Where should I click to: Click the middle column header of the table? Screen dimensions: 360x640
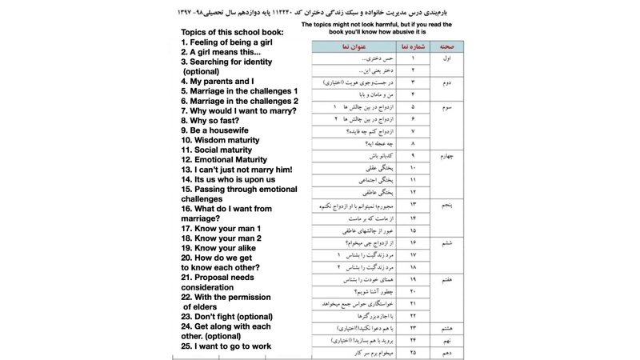click(413, 46)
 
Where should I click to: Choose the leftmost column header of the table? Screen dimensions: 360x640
click(352, 46)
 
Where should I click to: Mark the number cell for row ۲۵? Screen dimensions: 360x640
click(413, 353)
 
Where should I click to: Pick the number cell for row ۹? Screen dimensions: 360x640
click(413, 155)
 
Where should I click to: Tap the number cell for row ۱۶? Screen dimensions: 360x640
click(413, 242)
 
